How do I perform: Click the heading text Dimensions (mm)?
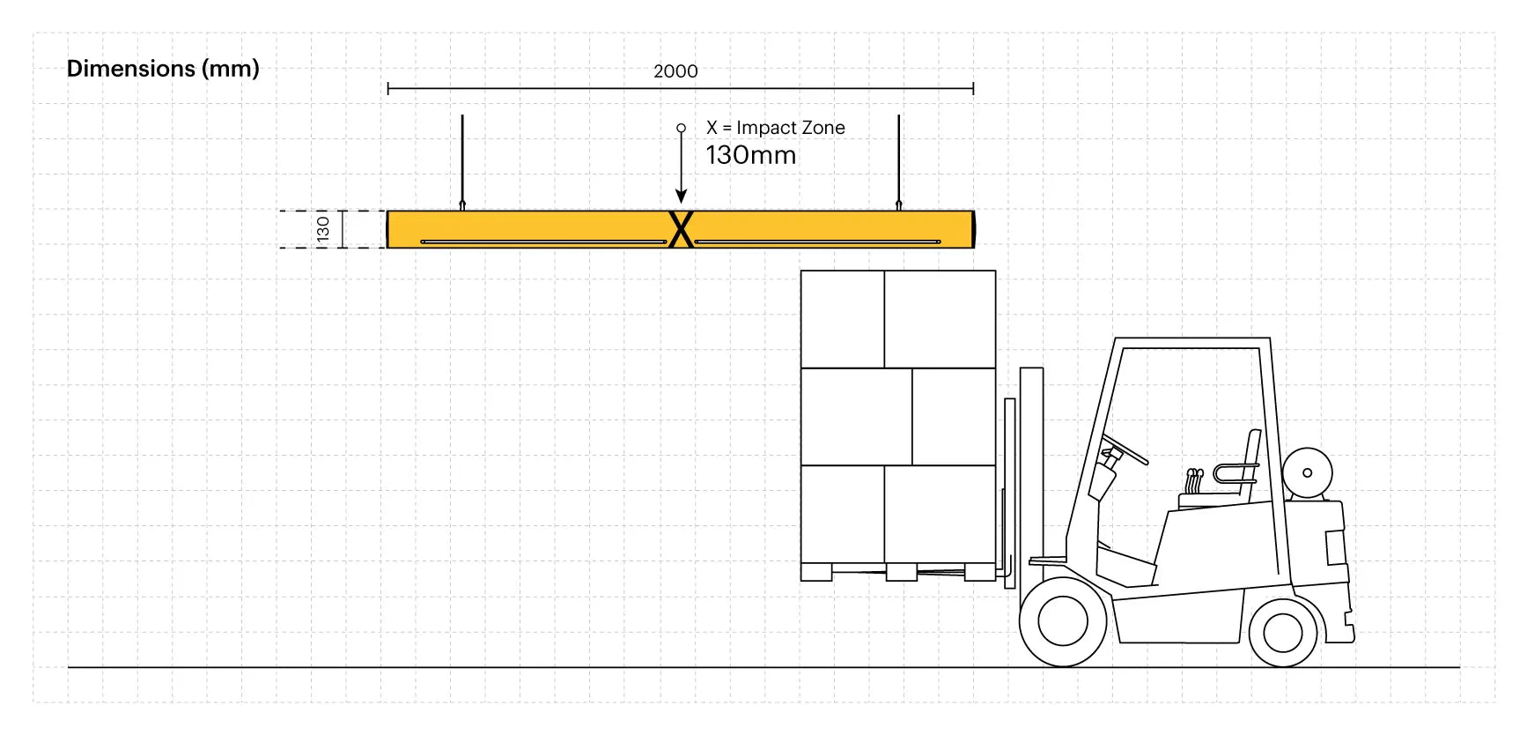click(x=163, y=69)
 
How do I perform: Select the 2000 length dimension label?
click(x=675, y=71)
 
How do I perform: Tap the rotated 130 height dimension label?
click(x=322, y=229)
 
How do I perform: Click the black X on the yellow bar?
click(x=681, y=229)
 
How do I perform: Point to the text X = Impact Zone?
click(x=775, y=128)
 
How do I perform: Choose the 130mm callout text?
click(x=750, y=155)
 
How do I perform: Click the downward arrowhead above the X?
click(x=681, y=197)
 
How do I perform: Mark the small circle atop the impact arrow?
click(x=681, y=128)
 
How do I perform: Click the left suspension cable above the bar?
click(x=462, y=162)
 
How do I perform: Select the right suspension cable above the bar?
click(x=898, y=162)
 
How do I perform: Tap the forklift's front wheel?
click(x=1063, y=621)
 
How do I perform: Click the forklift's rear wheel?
click(x=1282, y=631)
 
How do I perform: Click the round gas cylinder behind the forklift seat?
click(x=1307, y=473)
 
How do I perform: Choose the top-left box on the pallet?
click(x=843, y=319)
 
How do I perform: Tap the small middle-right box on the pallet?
click(x=954, y=417)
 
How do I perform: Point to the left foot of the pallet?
click(x=816, y=573)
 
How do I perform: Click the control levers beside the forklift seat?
click(x=1194, y=484)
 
